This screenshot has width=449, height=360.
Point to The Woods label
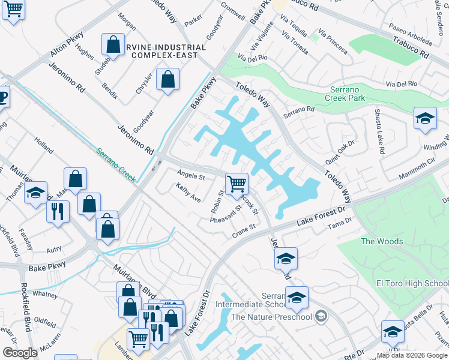381,241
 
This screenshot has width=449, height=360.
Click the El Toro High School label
412,283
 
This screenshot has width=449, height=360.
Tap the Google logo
20,353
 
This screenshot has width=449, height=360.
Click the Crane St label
244,230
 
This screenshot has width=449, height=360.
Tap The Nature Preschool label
272,317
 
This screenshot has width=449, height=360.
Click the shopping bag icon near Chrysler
167,79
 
